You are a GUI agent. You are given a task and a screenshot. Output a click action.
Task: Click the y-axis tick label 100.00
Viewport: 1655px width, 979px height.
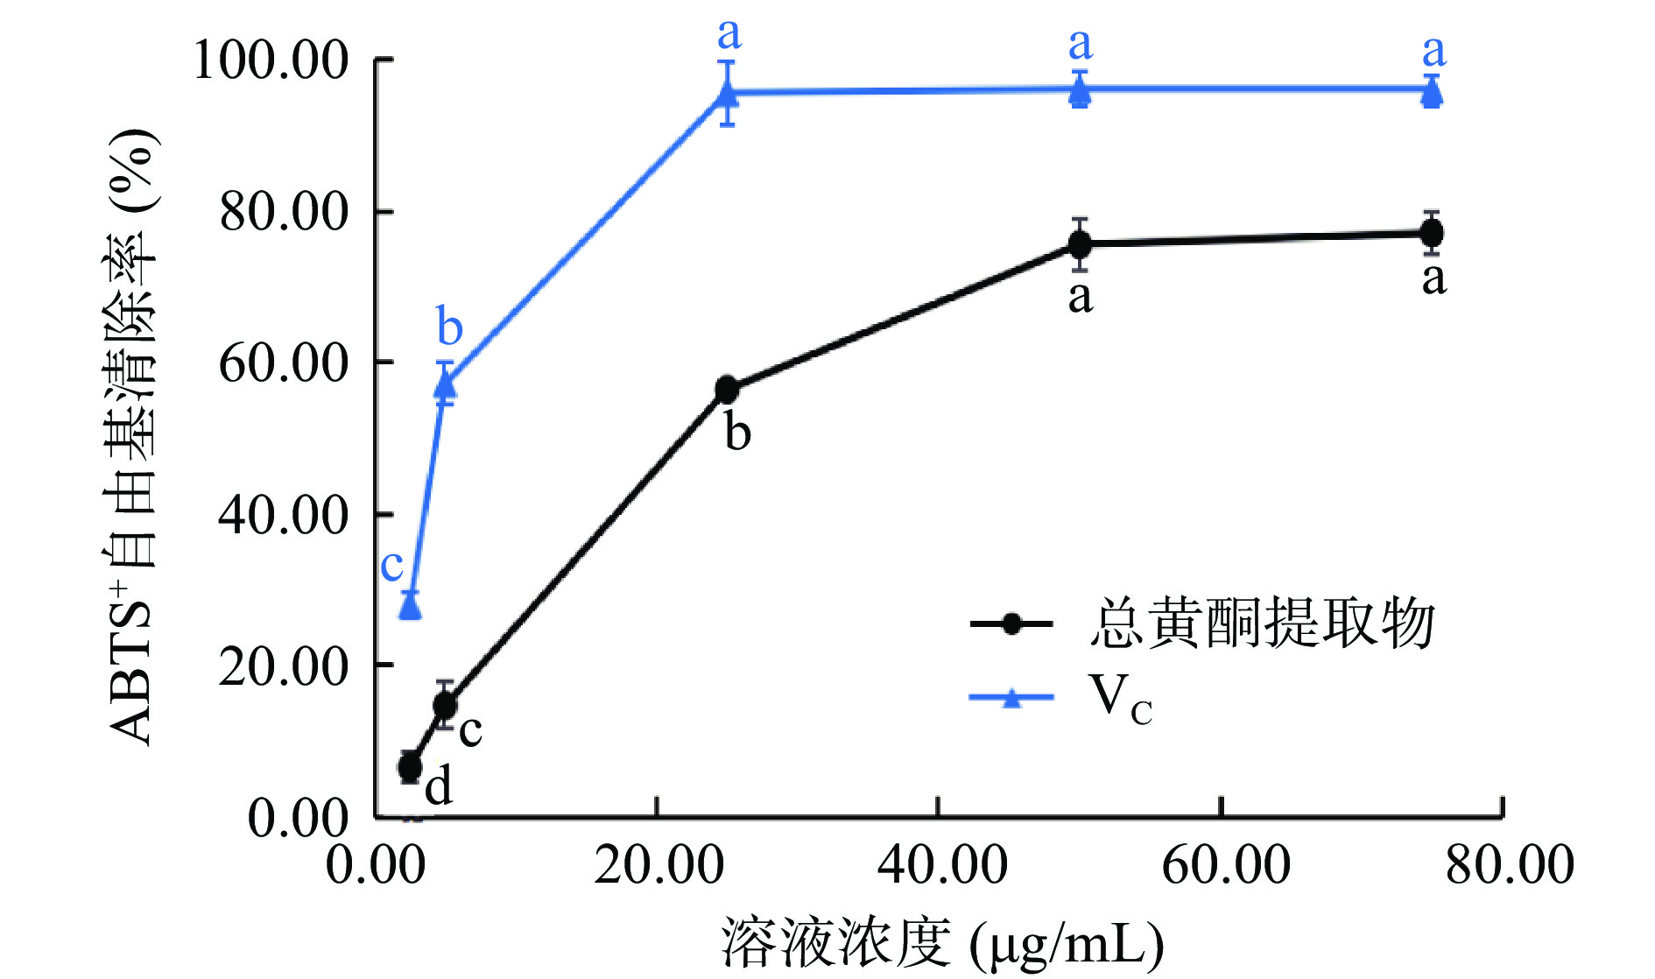271,61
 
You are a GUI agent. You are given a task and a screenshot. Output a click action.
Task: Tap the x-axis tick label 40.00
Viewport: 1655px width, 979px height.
942,864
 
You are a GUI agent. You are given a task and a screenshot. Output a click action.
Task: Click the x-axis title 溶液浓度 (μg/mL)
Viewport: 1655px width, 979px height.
942,944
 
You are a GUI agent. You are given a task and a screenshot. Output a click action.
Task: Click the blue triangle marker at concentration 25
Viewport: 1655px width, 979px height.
727,92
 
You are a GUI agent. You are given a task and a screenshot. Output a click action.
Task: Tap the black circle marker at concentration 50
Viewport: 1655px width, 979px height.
1080,243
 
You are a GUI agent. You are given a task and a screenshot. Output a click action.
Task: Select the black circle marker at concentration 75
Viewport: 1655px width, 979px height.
1432,233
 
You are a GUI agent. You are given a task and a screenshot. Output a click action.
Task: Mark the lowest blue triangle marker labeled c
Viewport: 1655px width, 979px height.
410,605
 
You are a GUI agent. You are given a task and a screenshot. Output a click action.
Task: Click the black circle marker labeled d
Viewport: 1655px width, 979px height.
410,767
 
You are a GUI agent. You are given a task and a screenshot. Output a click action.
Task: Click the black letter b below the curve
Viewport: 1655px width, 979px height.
737,432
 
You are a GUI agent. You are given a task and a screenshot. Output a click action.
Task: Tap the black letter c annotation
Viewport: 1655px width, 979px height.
470,729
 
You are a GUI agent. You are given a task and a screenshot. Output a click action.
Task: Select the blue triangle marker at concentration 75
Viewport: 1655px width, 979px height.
1432,92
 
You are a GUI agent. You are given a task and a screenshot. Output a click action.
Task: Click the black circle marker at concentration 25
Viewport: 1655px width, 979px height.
727,390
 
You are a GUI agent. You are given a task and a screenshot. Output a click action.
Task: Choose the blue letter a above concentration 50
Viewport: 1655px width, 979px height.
1081,44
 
